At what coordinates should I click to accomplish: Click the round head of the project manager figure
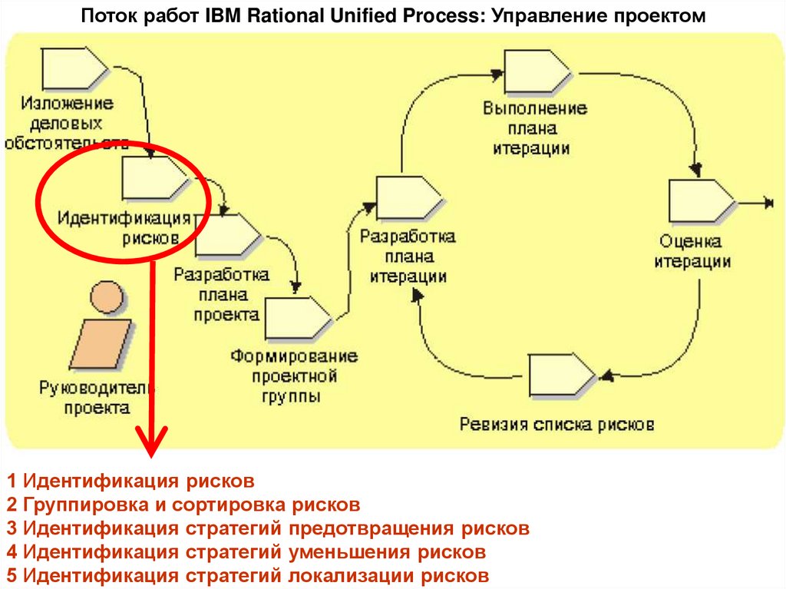coord(106,295)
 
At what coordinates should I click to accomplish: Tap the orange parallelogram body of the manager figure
coord(99,342)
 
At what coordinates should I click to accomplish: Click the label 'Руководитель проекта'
coord(97,397)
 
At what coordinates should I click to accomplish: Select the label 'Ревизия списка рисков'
coord(556,423)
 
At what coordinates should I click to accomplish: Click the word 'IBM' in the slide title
coord(222,15)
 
